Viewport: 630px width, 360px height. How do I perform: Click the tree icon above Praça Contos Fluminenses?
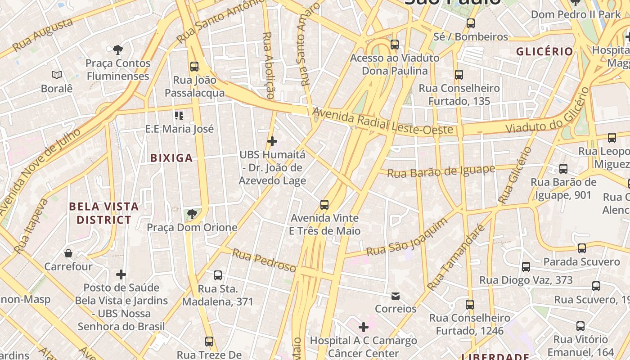coord(118,49)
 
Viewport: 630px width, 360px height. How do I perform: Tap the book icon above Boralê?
coord(57,75)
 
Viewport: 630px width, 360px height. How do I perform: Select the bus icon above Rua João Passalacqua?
coord(194,66)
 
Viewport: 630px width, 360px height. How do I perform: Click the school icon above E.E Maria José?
coord(179,116)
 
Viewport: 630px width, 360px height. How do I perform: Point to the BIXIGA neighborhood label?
coord(171,158)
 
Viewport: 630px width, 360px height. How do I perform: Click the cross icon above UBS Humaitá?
coord(272,141)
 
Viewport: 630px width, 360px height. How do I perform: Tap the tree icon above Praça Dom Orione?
coord(192,214)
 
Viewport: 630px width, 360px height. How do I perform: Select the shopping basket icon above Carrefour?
coord(68,253)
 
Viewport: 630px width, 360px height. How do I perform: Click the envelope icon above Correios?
coord(396,296)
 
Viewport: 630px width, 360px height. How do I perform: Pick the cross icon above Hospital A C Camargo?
coord(364,327)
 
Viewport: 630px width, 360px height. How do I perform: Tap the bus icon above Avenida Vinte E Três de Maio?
coord(324,205)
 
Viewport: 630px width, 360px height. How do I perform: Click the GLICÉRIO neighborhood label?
coord(544,51)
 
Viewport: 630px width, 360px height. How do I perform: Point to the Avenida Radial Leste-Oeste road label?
coord(382,121)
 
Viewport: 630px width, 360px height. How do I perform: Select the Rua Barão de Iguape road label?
coord(441,171)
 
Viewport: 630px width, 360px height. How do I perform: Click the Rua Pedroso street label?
coord(264,261)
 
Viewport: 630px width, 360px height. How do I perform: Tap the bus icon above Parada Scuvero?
coord(582,248)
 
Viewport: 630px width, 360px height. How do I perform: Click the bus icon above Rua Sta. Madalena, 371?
coord(218,275)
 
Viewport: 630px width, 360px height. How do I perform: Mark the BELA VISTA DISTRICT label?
coord(104,213)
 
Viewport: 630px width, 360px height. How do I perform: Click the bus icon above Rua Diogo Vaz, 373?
coord(526,267)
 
